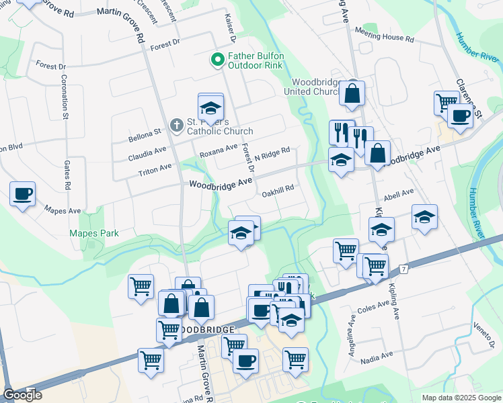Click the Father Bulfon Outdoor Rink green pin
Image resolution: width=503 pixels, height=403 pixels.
(217, 60)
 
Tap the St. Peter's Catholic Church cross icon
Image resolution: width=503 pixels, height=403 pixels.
(176, 124)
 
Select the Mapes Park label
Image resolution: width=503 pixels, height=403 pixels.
(94, 234)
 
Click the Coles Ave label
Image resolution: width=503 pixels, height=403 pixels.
(375, 307)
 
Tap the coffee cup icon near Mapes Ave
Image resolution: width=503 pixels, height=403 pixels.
(22, 193)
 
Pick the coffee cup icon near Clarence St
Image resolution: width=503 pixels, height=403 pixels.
(460, 115)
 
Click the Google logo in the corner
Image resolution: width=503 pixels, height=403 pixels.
(22, 395)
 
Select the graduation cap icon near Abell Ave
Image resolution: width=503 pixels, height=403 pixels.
(424, 216)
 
